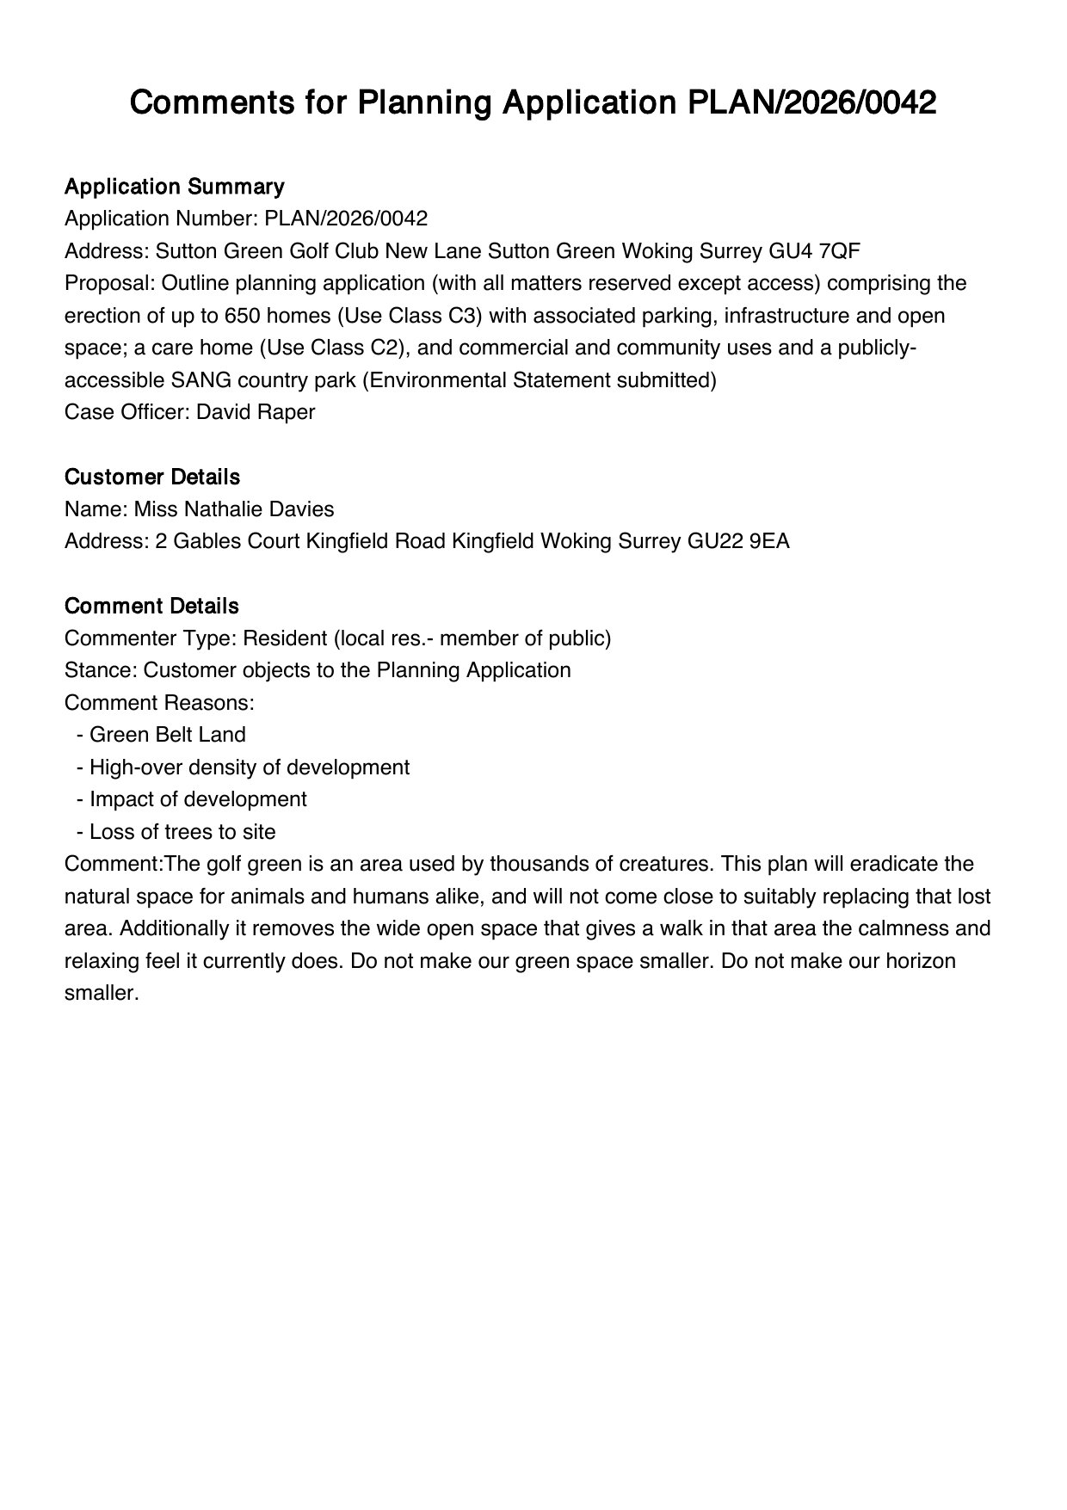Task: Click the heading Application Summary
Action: pos(174,187)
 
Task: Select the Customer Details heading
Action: pos(151,477)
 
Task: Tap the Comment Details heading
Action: pos(151,606)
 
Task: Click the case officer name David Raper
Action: pos(256,412)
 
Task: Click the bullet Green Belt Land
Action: pos(167,735)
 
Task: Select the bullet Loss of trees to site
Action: pos(182,832)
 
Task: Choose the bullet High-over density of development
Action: pos(249,767)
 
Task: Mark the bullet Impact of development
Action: pos(197,799)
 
